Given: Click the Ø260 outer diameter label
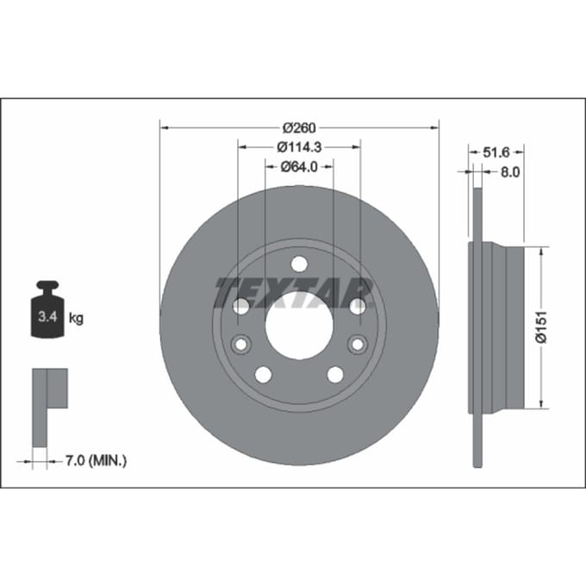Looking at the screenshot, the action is click(x=299, y=128).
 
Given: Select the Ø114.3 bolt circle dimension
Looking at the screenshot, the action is click(x=299, y=147).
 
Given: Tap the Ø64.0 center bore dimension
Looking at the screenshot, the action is click(x=299, y=166).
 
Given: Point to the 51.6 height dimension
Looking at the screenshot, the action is click(x=496, y=153).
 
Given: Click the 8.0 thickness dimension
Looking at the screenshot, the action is click(x=510, y=172).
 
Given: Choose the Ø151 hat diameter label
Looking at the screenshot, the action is click(x=541, y=327).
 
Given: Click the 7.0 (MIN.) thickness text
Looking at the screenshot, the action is click(x=96, y=461).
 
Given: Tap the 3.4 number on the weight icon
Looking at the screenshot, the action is click(x=47, y=317).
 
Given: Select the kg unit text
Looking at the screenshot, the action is click(x=76, y=318).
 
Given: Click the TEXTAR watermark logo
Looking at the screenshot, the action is click(x=294, y=292).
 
